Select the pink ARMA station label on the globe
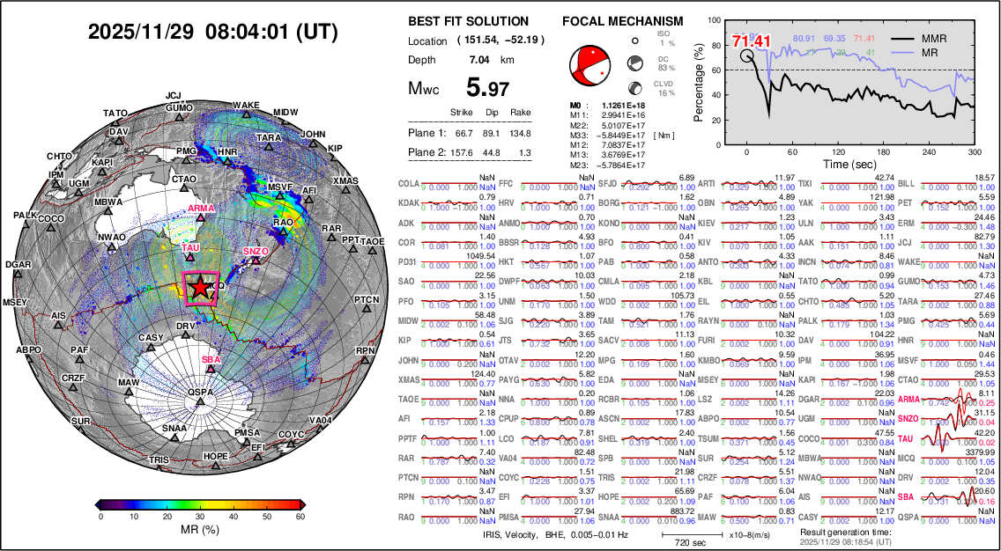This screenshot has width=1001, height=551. click(202, 209)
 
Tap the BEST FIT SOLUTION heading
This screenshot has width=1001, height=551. click(469, 21)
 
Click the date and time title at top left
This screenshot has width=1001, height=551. click(212, 32)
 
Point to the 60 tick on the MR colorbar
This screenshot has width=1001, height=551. click(300, 517)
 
